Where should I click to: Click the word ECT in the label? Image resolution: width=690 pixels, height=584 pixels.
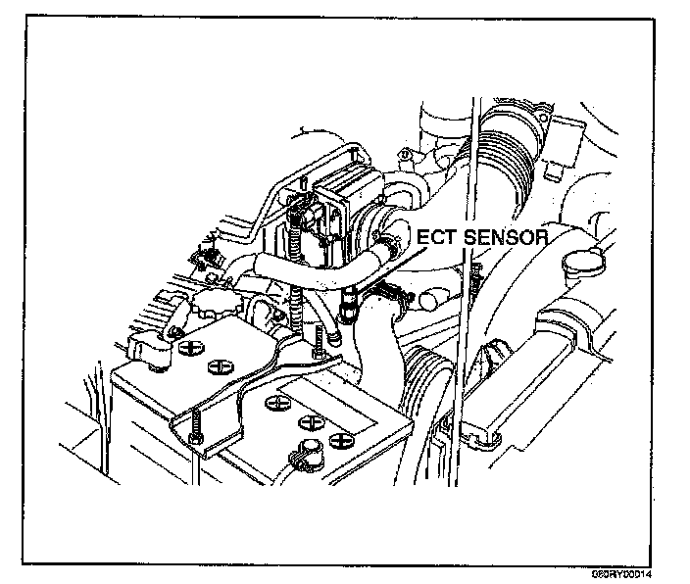437,237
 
